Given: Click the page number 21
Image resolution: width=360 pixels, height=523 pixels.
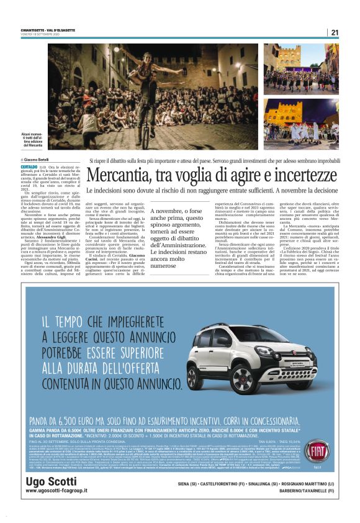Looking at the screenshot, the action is (x=335, y=32).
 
